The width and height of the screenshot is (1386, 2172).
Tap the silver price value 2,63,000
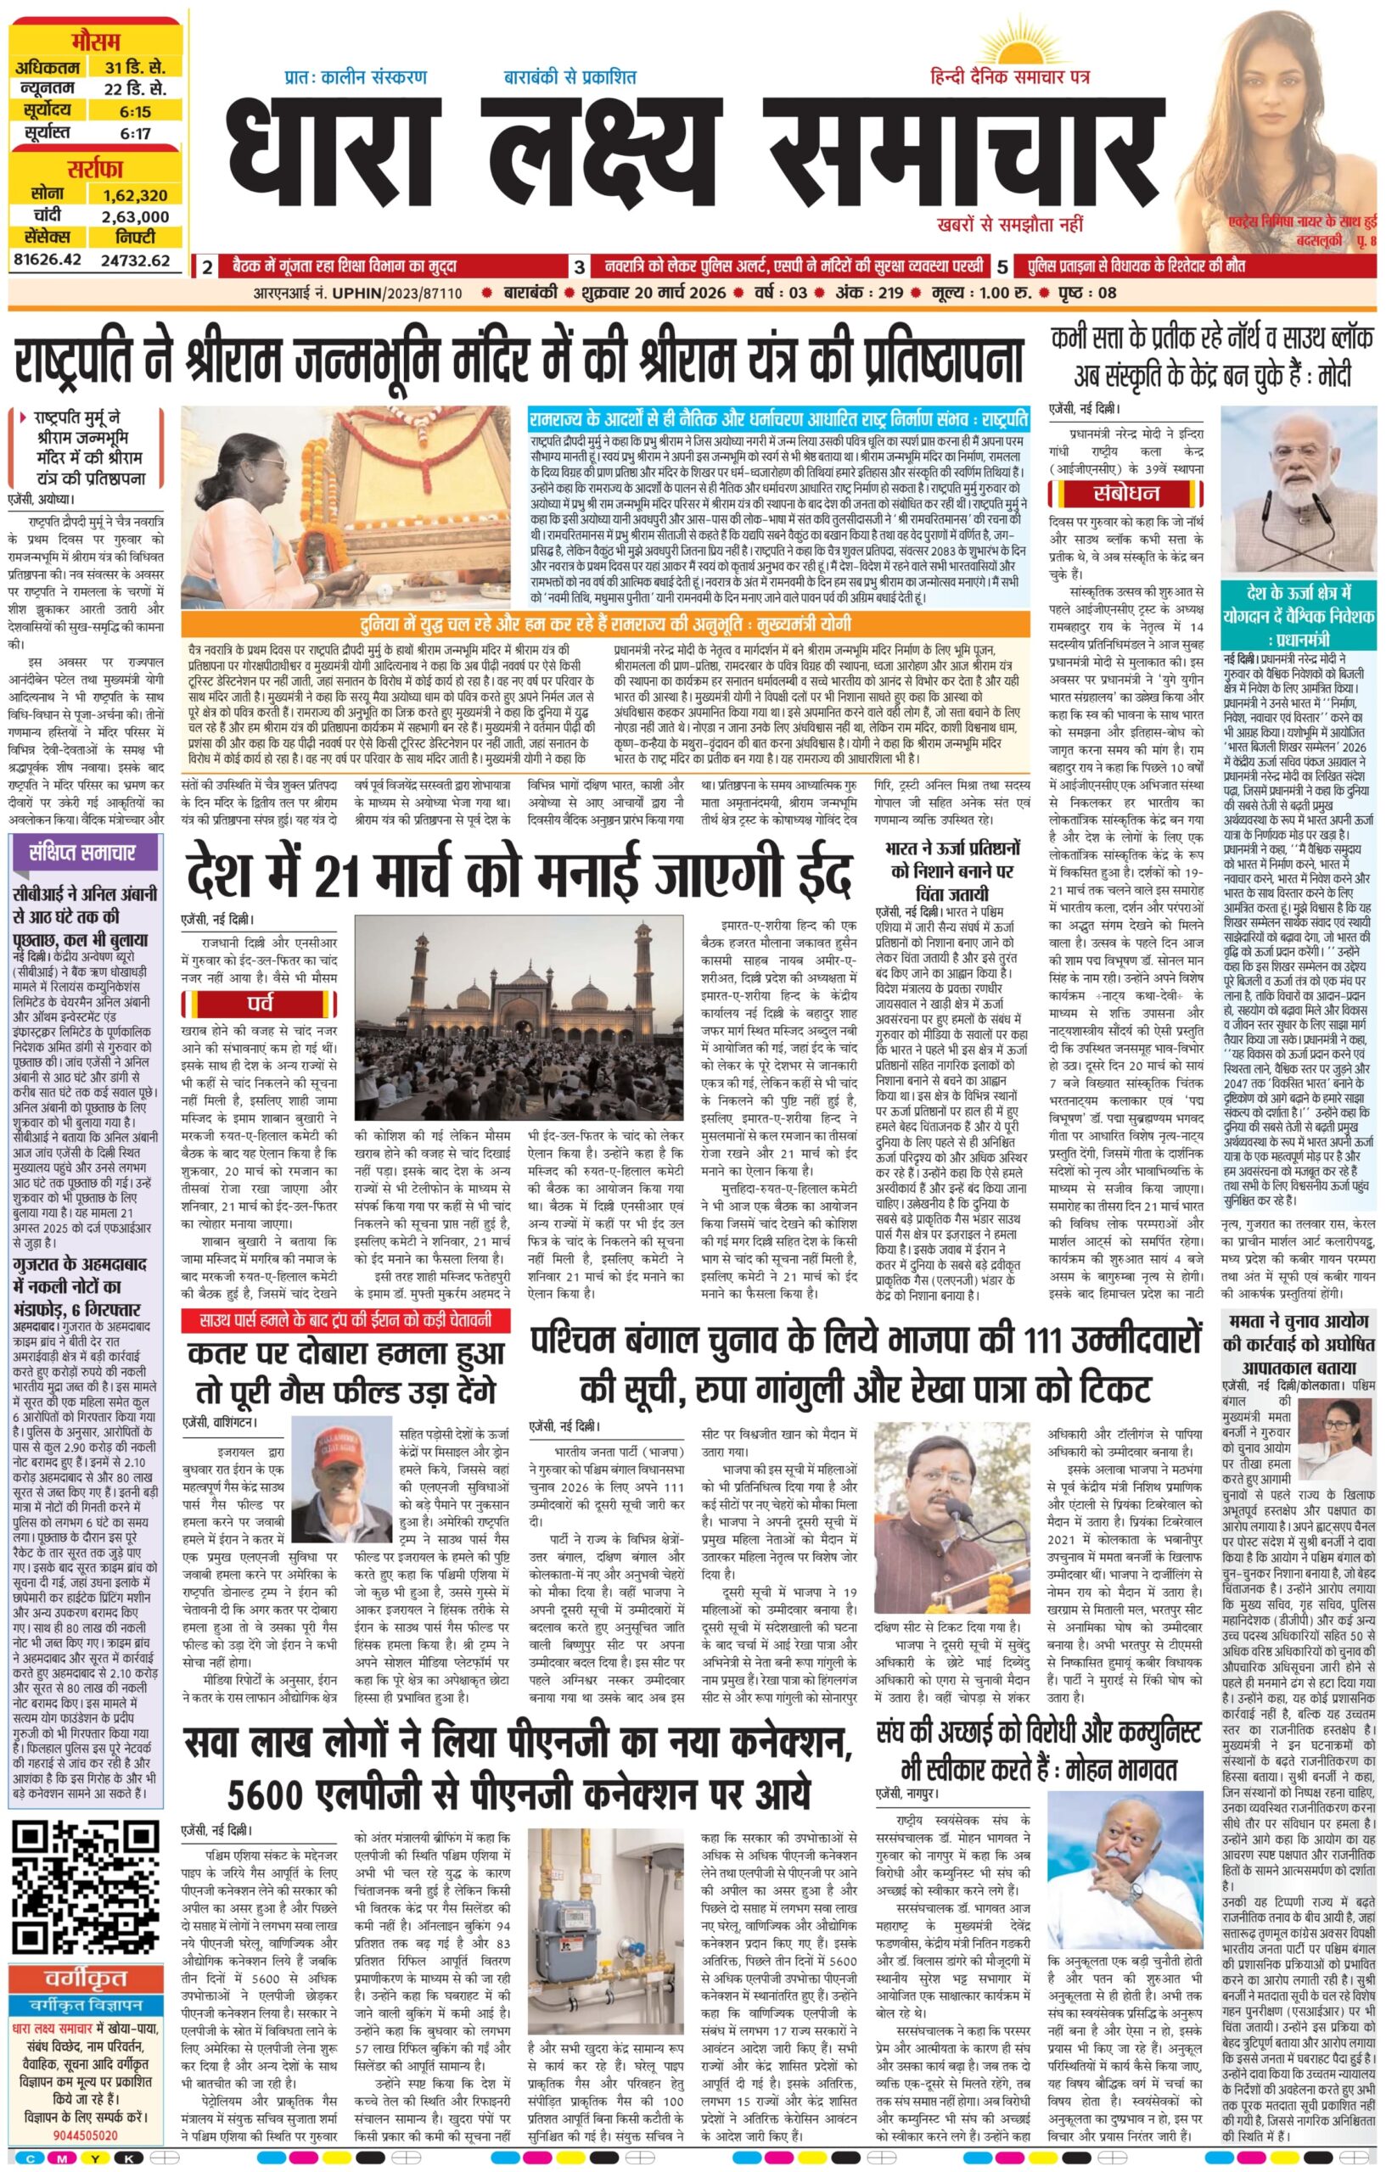(135, 216)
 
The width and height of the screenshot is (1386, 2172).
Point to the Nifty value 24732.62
(135, 260)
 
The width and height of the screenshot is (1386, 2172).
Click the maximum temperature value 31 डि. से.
(134, 68)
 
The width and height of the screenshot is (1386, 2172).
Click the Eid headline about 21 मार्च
(519, 876)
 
